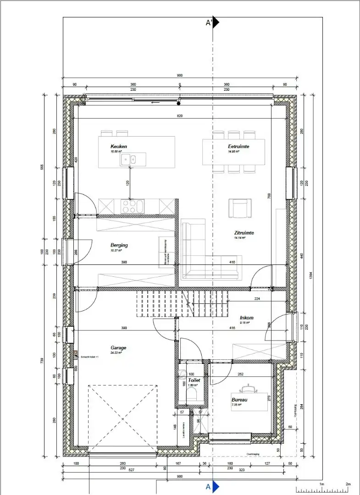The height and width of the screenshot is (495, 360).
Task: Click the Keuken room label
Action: [x=118, y=147]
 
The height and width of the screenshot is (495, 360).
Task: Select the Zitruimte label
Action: [x=244, y=233]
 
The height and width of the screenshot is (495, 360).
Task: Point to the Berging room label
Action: [x=119, y=245]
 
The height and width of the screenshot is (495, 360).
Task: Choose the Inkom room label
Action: [x=246, y=318]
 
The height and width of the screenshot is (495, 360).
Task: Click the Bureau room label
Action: [x=240, y=400]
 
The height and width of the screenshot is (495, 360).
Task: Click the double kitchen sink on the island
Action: [x=128, y=159]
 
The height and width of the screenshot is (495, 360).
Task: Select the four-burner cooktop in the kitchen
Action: [x=132, y=207]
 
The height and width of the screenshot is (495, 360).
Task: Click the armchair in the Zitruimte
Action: [x=240, y=209]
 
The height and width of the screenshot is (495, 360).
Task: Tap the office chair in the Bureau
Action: [x=249, y=389]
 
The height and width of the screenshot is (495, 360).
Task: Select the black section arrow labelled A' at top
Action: [x=216, y=23]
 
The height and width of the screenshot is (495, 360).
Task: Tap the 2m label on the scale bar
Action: [x=348, y=484]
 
